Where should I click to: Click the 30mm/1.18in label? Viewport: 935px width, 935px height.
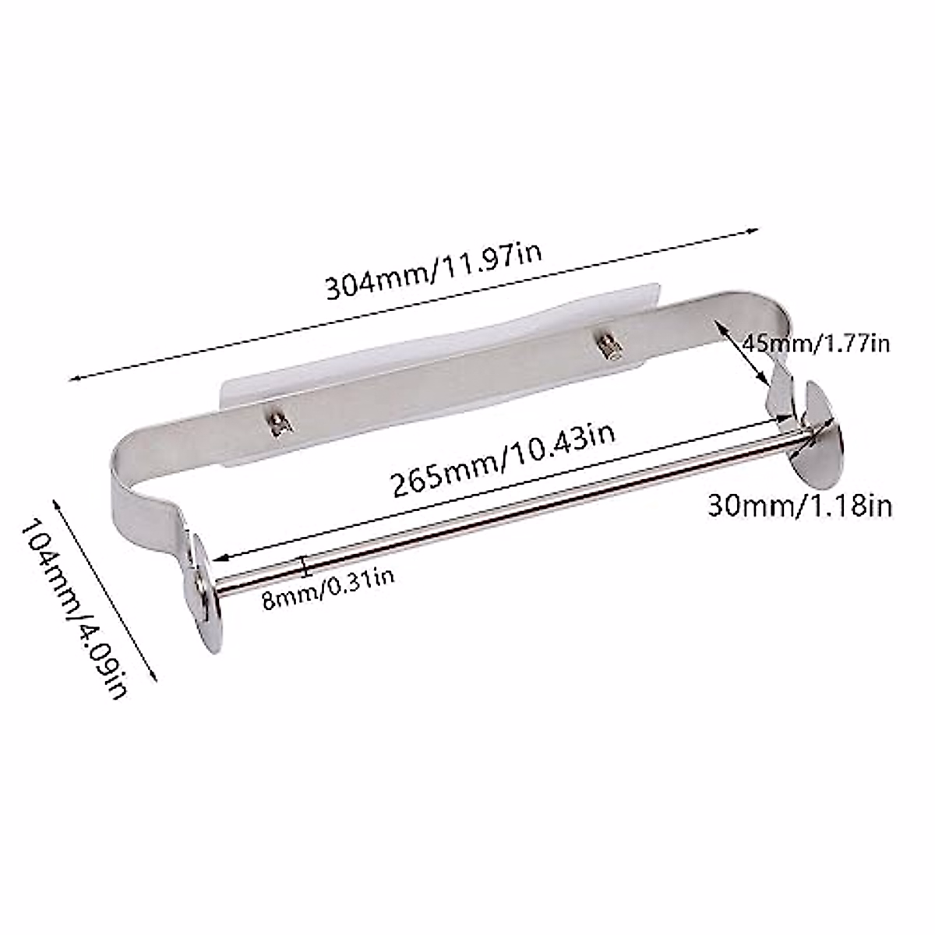click(799, 506)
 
